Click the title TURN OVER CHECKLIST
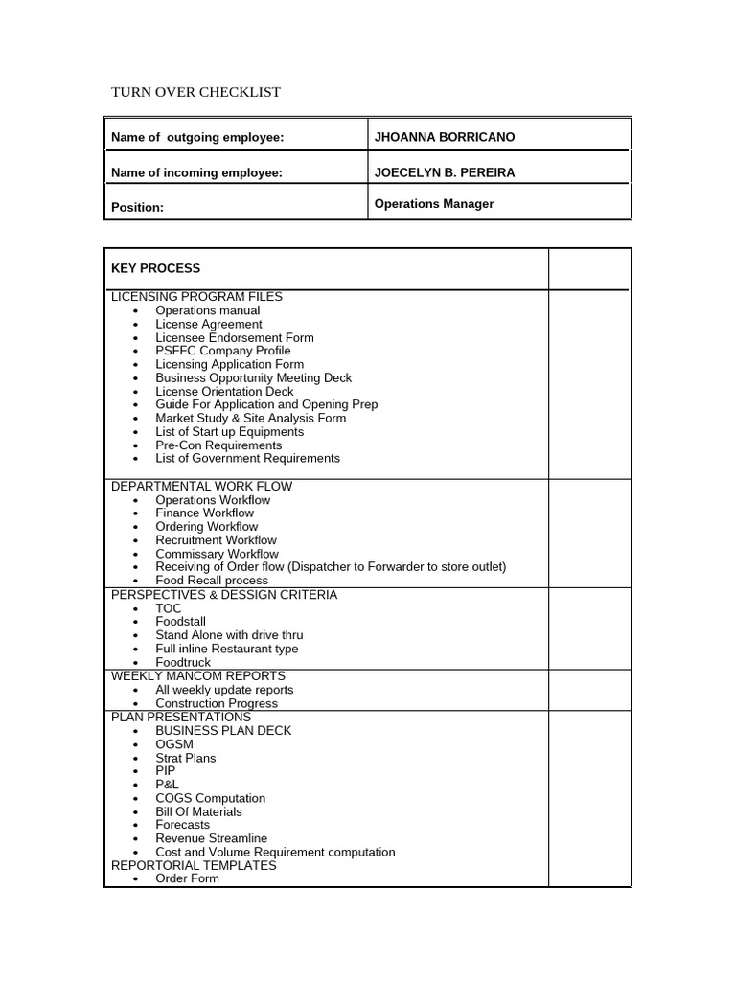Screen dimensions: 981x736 [196, 92]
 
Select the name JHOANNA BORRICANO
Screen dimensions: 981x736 [445, 137]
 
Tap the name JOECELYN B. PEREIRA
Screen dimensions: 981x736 [445, 172]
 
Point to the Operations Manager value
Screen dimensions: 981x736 [434, 204]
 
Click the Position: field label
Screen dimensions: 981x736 [137, 207]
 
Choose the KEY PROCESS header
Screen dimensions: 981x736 [155, 268]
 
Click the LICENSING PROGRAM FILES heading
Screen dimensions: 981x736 [196, 297]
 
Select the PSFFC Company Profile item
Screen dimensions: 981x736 [223, 351]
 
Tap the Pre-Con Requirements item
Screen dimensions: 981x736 [218, 445]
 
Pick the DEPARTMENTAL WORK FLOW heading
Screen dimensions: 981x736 [201, 486]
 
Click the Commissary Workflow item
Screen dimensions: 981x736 [217, 554]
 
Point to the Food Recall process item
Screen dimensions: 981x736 [212, 581]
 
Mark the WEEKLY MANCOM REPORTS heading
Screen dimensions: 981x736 [197, 675]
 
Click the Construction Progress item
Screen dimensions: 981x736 [217, 703]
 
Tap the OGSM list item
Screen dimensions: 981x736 [174, 744]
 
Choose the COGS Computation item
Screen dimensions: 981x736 [210, 798]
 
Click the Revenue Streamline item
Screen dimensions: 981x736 [211, 838]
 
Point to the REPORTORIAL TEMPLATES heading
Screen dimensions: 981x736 [194, 865]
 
